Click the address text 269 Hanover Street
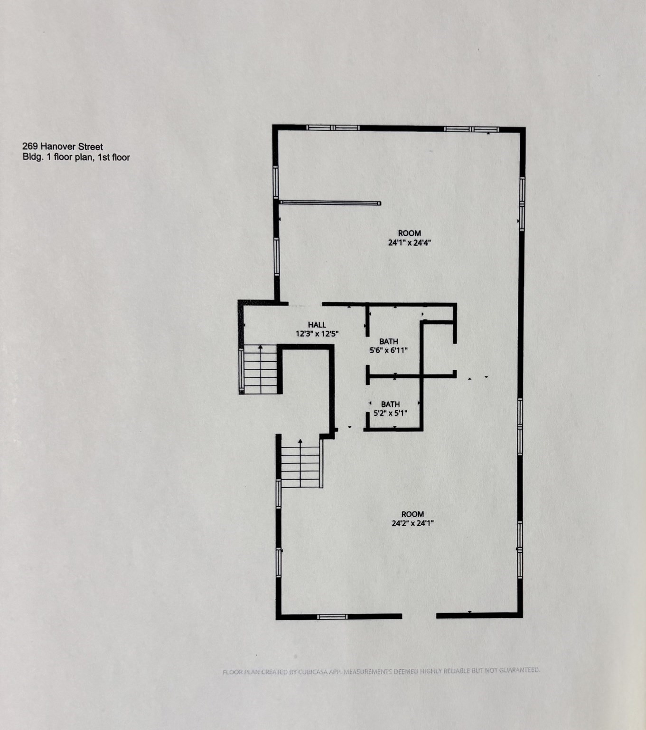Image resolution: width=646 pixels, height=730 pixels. pos(63,147)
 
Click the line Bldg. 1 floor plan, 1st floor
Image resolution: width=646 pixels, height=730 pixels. pos(76,157)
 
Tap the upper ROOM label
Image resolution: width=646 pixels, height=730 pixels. pos(409,233)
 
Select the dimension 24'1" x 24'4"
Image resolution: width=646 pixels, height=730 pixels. pos(409,242)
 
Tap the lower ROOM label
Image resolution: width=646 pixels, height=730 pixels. pos(412,514)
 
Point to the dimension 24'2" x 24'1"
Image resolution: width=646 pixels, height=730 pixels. pos(412,523)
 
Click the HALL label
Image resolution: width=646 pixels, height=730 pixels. pos(317,325)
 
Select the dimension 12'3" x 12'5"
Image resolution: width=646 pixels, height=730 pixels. pos(317,334)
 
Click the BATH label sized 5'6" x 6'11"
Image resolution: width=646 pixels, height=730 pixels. pos(388,341)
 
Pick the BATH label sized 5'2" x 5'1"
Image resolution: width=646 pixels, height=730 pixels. pos(390,404)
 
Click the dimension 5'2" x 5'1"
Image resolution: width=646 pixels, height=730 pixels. pos(390,413)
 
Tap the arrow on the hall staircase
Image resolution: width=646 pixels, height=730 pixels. pos(260,348)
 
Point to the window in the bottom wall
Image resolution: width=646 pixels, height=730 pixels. pos(332,616)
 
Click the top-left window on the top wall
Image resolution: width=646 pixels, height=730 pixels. pos(333,127)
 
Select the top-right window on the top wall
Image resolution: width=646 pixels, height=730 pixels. pos(471,129)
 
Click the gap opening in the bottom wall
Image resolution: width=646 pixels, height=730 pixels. pos(419,616)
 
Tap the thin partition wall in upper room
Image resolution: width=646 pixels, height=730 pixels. pos(330,203)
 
